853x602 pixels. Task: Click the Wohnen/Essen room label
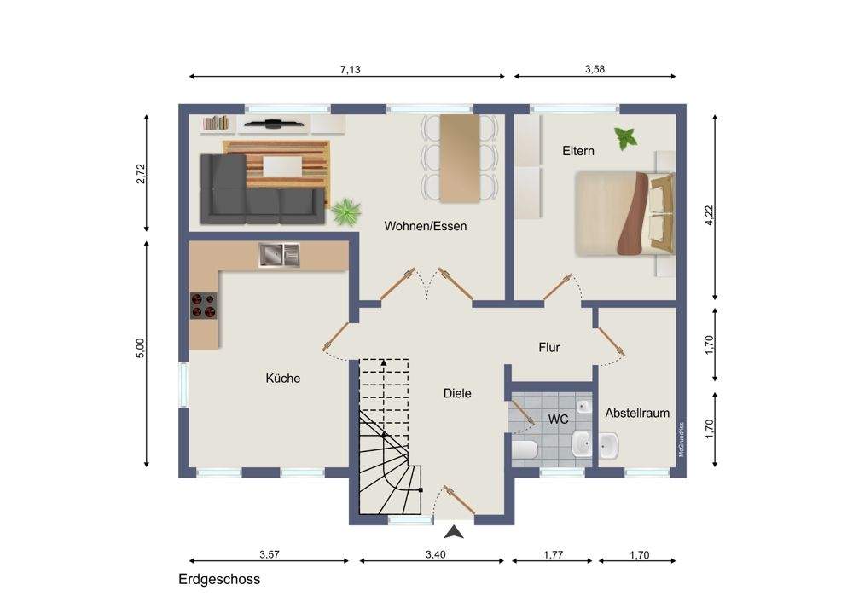(x=426, y=226)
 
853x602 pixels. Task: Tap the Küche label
(x=283, y=378)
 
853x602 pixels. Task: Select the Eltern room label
(x=578, y=151)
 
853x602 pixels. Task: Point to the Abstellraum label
(x=637, y=413)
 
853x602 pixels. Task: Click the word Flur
(x=548, y=348)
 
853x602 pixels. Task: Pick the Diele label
(x=457, y=393)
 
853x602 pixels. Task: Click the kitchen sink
(x=279, y=255)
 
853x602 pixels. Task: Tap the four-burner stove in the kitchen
(x=204, y=305)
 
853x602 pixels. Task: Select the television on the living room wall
(x=273, y=124)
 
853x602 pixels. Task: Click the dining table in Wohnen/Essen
(x=460, y=159)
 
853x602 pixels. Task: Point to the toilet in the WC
(x=525, y=449)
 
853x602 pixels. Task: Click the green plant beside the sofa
(x=346, y=211)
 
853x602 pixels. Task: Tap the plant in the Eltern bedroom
(x=625, y=138)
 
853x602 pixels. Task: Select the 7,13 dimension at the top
(x=351, y=70)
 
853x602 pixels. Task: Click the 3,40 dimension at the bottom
(x=435, y=555)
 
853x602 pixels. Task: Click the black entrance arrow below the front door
(x=457, y=531)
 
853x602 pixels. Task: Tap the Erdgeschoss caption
(x=219, y=580)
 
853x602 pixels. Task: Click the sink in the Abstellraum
(x=608, y=445)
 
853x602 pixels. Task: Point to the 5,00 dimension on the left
(x=141, y=348)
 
